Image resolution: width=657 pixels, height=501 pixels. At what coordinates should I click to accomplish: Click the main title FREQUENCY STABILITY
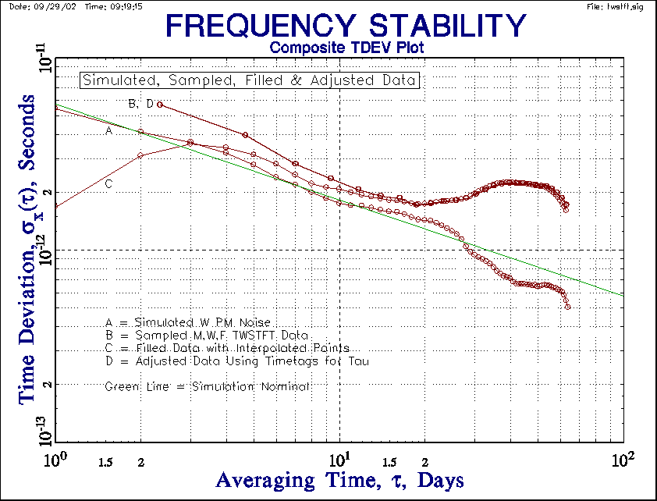point(346,27)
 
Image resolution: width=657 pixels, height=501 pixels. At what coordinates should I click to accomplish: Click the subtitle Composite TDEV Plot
point(346,47)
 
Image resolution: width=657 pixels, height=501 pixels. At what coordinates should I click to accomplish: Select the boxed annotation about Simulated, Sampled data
point(250,80)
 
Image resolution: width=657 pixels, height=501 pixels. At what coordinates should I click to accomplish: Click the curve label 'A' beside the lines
point(109,132)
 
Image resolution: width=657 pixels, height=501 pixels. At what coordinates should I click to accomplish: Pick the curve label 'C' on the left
point(109,184)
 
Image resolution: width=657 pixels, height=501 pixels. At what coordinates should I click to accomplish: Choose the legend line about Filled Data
point(226,348)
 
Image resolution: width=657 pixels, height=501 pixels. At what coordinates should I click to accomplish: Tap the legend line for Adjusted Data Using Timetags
point(236,361)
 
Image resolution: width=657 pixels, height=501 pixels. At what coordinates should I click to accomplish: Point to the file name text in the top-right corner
point(616,6)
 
